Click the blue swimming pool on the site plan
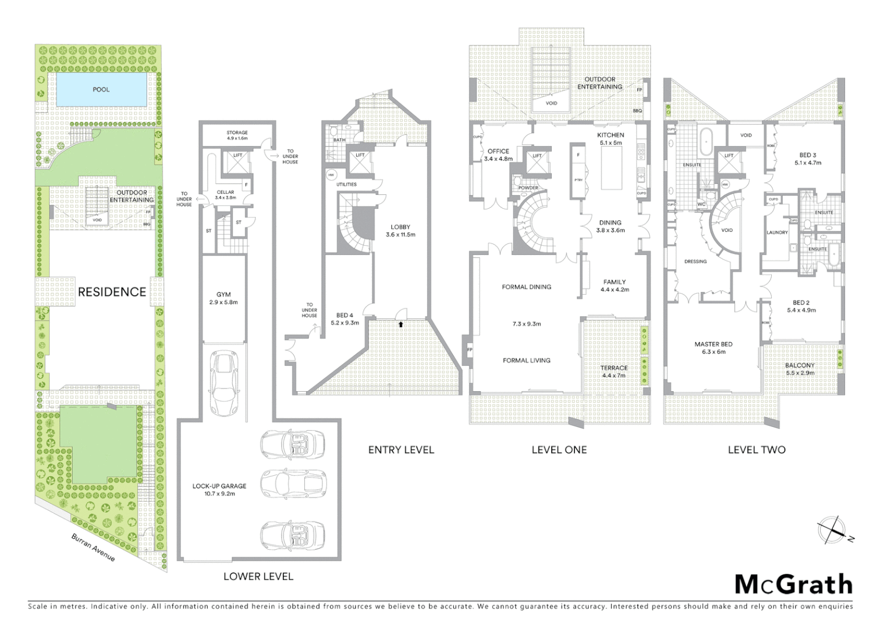point(101,89)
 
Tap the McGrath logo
point(793,584)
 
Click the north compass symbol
point(833,530)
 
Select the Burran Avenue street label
point(93,547)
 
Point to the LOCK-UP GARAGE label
point(219,490)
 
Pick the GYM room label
point(223,298)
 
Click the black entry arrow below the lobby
point(400,325)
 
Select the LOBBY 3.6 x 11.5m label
point(400,231)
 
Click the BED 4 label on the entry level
point(345,319)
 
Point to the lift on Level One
point(537,162)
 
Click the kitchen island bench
point(612,168)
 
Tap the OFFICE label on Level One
point(498,155)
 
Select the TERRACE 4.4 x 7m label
point(614,371)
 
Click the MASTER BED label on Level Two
point(713,348)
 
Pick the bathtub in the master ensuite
point(707,142)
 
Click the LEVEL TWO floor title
point(756,450)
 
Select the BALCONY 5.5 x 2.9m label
point(799,369)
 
